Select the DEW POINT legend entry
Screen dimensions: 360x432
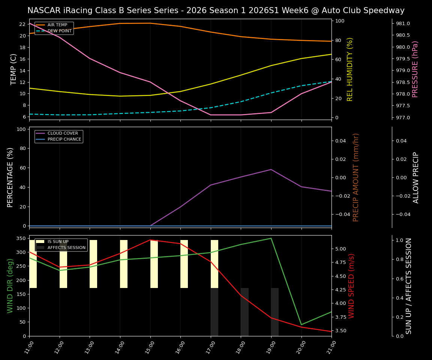click(x=59, y=31)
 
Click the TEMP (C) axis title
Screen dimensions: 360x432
click(x=13, y=69)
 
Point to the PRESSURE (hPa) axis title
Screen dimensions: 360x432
click(x=415, y=69)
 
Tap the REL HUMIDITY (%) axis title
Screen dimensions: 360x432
click(x=350, y=69)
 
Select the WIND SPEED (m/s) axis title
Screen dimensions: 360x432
click(x=351, y=286)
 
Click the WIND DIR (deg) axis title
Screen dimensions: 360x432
click(x=10, y=286)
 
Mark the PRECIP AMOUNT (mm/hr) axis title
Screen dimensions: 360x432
click(x=356, y=177)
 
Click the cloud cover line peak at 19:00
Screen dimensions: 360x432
click(x=271, y=169)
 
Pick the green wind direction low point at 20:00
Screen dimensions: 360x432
click(x=301, y=325)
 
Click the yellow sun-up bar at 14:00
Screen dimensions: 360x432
click(x=124, y=264)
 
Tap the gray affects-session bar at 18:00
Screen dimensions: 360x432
click(x=244, y=312)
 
